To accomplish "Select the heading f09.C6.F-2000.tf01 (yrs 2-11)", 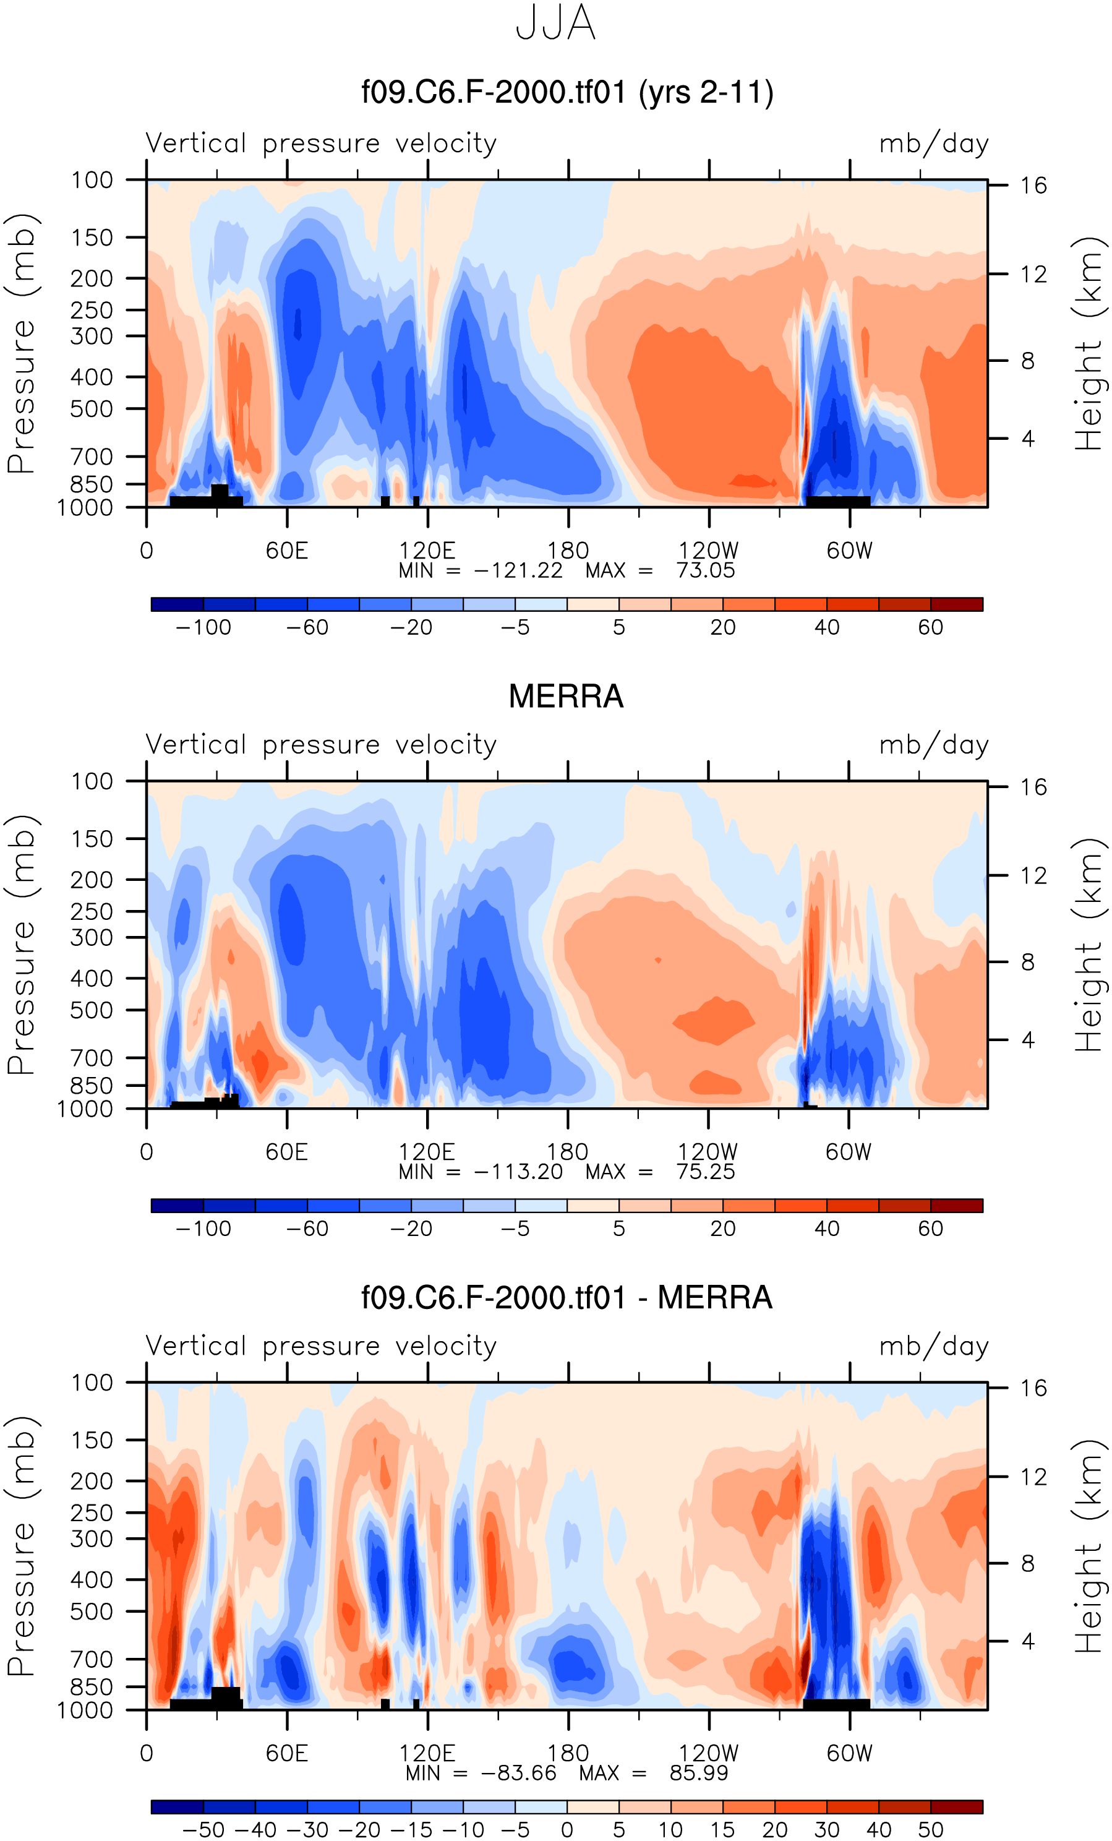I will (x=567, y=93).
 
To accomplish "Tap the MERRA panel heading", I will (x=565, y=697).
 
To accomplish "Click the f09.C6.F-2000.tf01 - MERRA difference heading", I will (x=566, y=1298).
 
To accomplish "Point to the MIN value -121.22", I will (x=518, y=571).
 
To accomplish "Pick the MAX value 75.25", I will (x=705, y=1172).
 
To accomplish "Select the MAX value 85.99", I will (x=698, y=1773).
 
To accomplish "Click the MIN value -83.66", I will (x=518, y=1773).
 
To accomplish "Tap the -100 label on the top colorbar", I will (x=203, y=628).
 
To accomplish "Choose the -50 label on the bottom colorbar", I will (x=203, y=1830).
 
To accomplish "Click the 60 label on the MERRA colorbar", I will (x=931, y=1229).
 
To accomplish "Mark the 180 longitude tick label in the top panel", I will (x=568, y=551).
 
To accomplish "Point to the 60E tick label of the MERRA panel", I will (x=287, y=1152).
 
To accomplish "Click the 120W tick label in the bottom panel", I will (x=708, y=1753).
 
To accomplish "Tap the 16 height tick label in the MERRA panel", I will (x=1033, y=787).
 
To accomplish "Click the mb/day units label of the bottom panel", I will (x=933, y=1346).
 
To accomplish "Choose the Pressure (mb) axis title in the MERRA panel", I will (x=21, y=945).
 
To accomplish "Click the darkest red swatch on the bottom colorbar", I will (x=957, y=1808).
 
